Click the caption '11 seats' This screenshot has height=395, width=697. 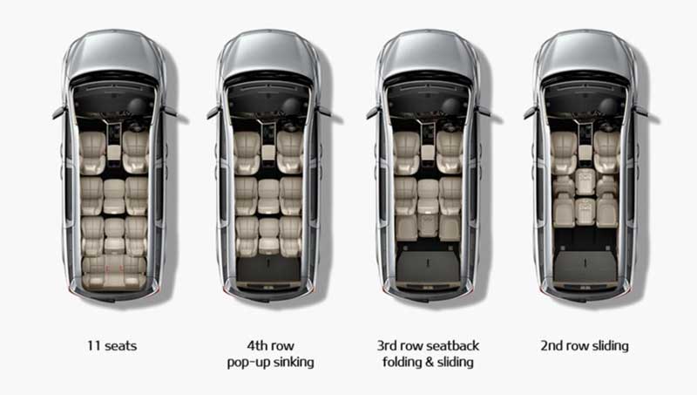(112, 345)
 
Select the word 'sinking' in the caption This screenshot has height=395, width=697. (294, 362)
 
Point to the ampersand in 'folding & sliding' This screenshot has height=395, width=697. (429, 362)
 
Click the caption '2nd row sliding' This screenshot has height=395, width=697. (585, 345)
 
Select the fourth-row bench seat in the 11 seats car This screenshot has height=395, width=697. (114, 271)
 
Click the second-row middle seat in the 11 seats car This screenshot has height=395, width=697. (114, 196)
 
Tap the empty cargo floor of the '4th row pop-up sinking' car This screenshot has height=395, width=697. (268, 269)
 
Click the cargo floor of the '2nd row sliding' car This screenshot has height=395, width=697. (585, 266)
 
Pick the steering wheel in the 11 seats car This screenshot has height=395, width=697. (137, 106)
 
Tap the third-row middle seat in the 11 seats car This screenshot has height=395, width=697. (114, 235)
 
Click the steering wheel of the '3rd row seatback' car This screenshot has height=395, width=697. (450, 106)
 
